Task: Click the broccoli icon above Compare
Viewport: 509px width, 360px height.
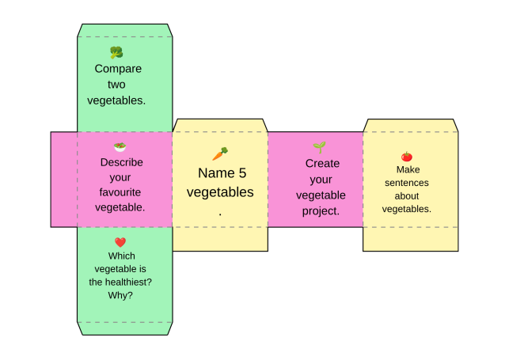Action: click(116, 52)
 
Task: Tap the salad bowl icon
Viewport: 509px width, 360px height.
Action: click(120, 147)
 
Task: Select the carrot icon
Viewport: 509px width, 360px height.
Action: click(220, 153)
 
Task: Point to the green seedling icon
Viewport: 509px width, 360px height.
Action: click(320, 148)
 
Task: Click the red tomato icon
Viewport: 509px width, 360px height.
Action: click(407, 157)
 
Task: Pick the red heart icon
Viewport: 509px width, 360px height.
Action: click(120, 242)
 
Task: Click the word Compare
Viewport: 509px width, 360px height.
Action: click(118, 69)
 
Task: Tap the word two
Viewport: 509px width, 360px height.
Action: click(116, 85)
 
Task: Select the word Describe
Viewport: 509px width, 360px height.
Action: click(122, 162)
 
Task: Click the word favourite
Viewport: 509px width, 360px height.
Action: click(120, 192)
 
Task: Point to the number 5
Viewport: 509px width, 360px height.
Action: click(242, 173)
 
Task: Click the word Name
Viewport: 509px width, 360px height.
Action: click(217, 173)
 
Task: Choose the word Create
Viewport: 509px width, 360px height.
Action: click(322, 164)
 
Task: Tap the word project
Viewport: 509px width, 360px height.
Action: click(321, 211)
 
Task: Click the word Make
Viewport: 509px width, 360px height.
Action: click(408, 169)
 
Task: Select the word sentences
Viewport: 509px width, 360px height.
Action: click(407, 183)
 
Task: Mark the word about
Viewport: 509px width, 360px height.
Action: click(407, 196)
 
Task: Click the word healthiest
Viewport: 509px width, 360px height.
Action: click(130, 282)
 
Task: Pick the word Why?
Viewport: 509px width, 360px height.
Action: click(120, 296)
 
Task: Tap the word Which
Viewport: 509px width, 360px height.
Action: click(122, 256)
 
